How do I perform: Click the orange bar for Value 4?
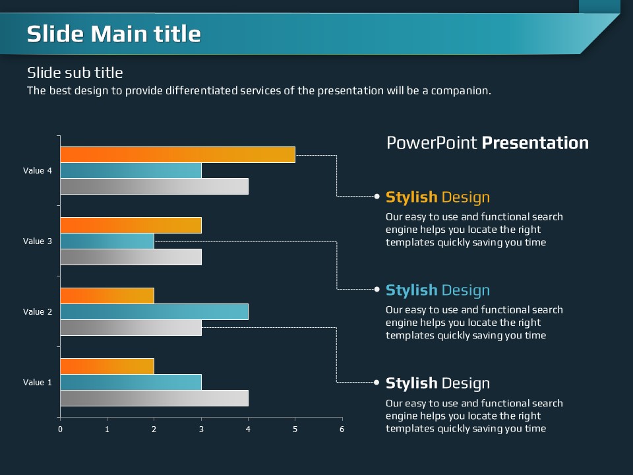pyautogui.click(x=177, y=155)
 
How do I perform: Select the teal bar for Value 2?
pyautogui.click(x=154, y=311)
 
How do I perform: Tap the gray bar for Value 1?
pyautogui.click(x=154, y=398)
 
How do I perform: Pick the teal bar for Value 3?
pyautogui.click(x=107, y=241)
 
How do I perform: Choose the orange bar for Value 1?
pyautogui.click(x=107, y=366)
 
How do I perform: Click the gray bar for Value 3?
pyautogui.click(x=131, y=257)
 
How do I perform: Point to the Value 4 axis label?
pyautogui.click(x=38, y=171)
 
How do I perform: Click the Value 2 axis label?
pyautogui.click(x=38, y=311)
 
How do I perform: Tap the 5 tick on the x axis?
pyautogui.click(x=295, y=429)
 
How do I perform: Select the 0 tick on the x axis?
pyautogui.click(x=60, y=429)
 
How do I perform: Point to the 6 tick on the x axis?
pyautogui.click(x=342, y=429)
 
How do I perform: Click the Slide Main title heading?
pyautogui.click(x=113, y=34)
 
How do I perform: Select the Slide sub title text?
pyautogui.click(x=75, y=73)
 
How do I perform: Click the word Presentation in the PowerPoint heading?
pyautogui.click(x=535, y=143)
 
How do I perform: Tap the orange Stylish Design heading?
pyautogui.click(x=437, y=197)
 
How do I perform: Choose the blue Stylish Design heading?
pyautogui.click(x=437, y=290)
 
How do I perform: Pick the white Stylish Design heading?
pyautogui.click(x=437, y=383)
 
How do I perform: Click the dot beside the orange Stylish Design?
pyautogui.click(x=377, y=196)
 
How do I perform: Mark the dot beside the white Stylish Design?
pyautogui.click(x=377, y=382)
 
